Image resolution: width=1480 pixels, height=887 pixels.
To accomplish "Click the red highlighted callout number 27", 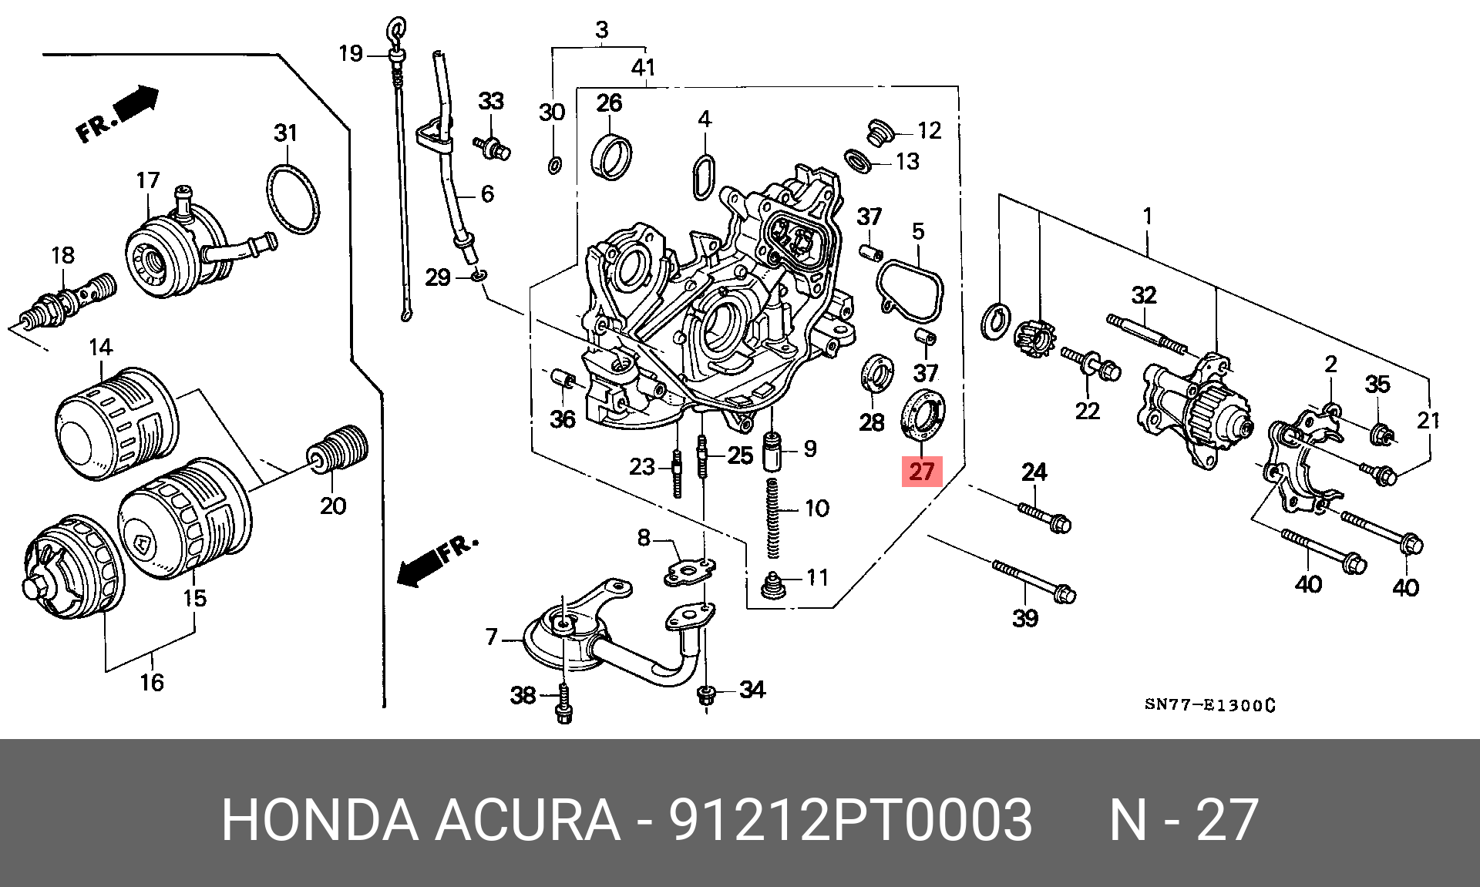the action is (922, 471).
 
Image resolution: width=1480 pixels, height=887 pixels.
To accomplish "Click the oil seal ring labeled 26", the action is (612, 156).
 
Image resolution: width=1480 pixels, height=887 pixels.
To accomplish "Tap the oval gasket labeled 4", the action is (704, 176).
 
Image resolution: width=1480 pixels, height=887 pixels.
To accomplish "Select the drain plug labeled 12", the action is (877, 133).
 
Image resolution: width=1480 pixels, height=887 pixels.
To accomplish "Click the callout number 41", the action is (643, 68).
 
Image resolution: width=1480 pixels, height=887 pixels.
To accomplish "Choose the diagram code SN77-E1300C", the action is (1209, 704).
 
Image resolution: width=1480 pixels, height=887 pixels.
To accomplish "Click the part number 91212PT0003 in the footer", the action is (849, 820).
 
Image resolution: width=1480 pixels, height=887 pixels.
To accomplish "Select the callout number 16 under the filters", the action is (152, 682).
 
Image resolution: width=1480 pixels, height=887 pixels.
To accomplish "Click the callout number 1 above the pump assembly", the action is (1148, 216).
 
